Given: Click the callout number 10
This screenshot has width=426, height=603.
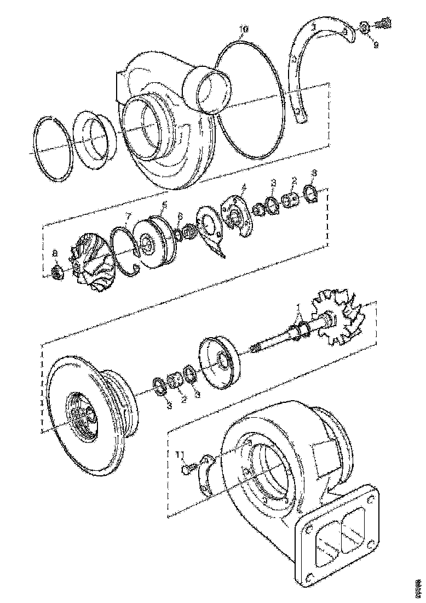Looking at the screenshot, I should point(244,27).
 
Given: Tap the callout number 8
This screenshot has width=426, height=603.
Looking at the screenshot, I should point(55,253).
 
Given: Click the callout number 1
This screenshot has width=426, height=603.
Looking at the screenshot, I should point(298,306).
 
